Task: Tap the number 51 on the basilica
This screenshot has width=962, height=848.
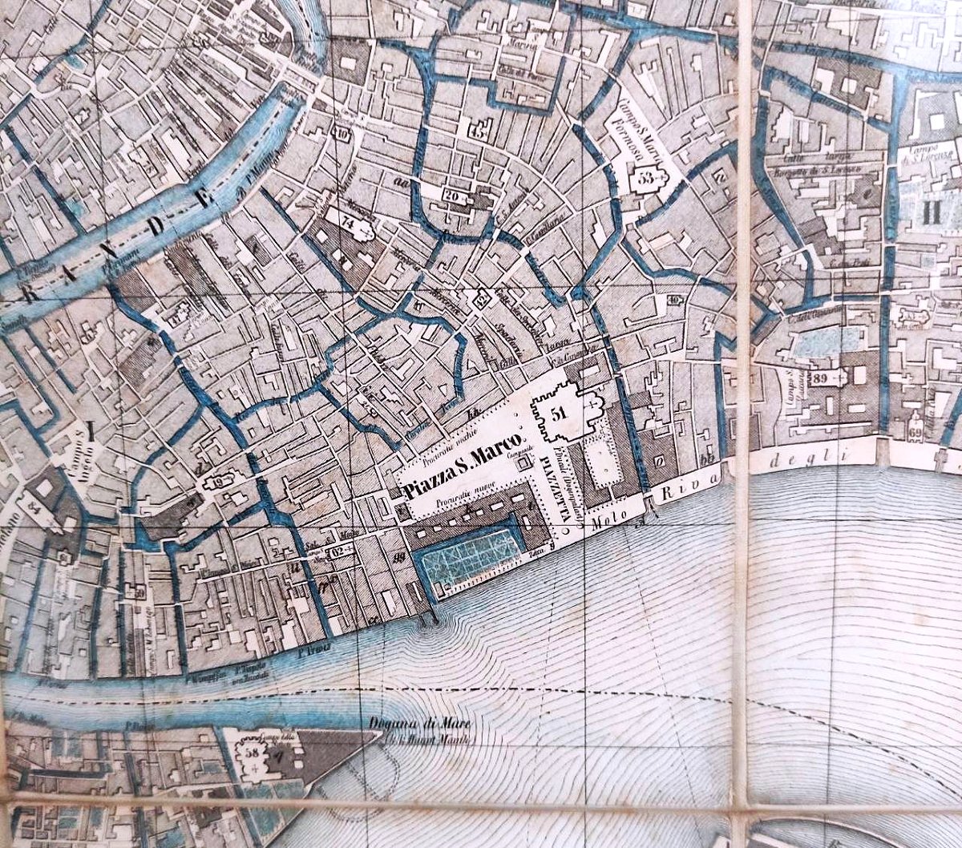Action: pyautogui.click(x=560, y=413)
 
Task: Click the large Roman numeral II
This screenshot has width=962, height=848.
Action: pyautogui.click(x=931, y=212)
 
